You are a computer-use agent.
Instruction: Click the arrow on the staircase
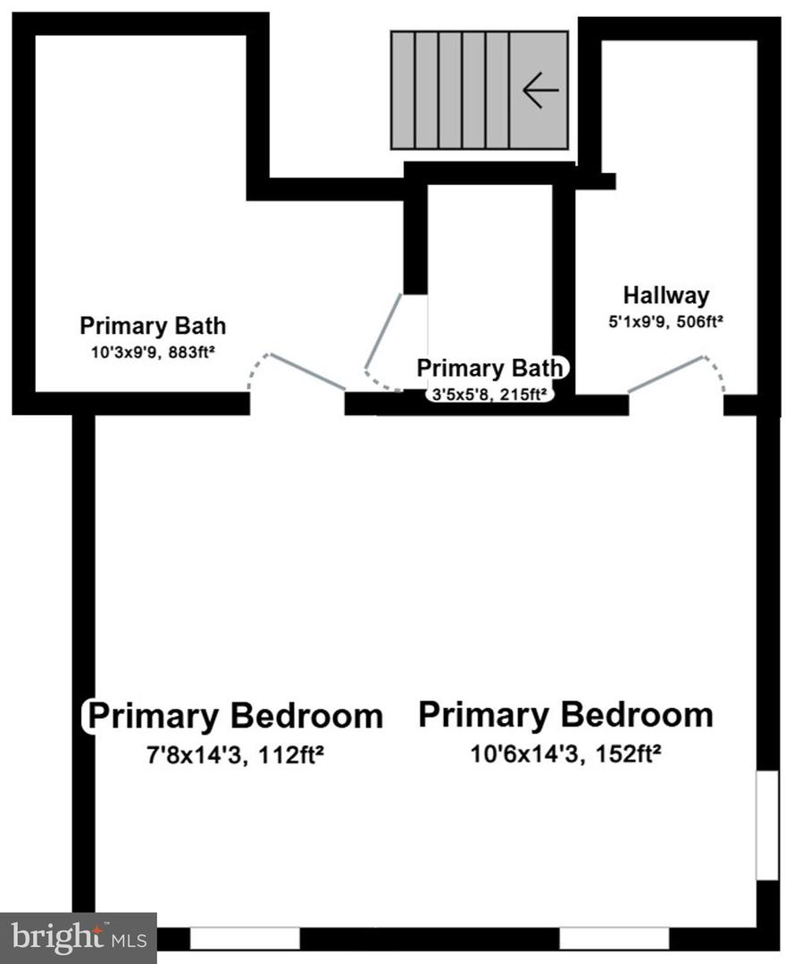pyautogui.click(x=540, y=90)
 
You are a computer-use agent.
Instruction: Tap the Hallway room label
pyautogui.click(x=666, y=295)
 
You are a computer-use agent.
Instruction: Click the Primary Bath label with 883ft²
pyautogui.click(x=153, y=326)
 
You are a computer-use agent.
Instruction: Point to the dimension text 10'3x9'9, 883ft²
pyautogui.click(x=153, y=352)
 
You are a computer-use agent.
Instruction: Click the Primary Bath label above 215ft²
pyautogui.click(x=489, y=368)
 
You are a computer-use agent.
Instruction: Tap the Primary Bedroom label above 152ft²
pyautogui.click(x=565, y=714)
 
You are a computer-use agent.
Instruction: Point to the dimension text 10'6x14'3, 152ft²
pyautogui.click(x=565, y=754)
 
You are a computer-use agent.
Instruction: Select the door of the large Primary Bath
pyautogui.click(x=306, y=371)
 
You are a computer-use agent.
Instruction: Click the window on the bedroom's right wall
pyautogui.click(x=766, y=826)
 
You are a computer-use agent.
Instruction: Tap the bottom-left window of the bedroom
pyautogui.click(x=244, y=938)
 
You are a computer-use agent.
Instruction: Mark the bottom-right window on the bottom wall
pyautogui.click(x=614, y=938)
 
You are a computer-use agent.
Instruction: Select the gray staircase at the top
pyautogui.click(x=480, y=90)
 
